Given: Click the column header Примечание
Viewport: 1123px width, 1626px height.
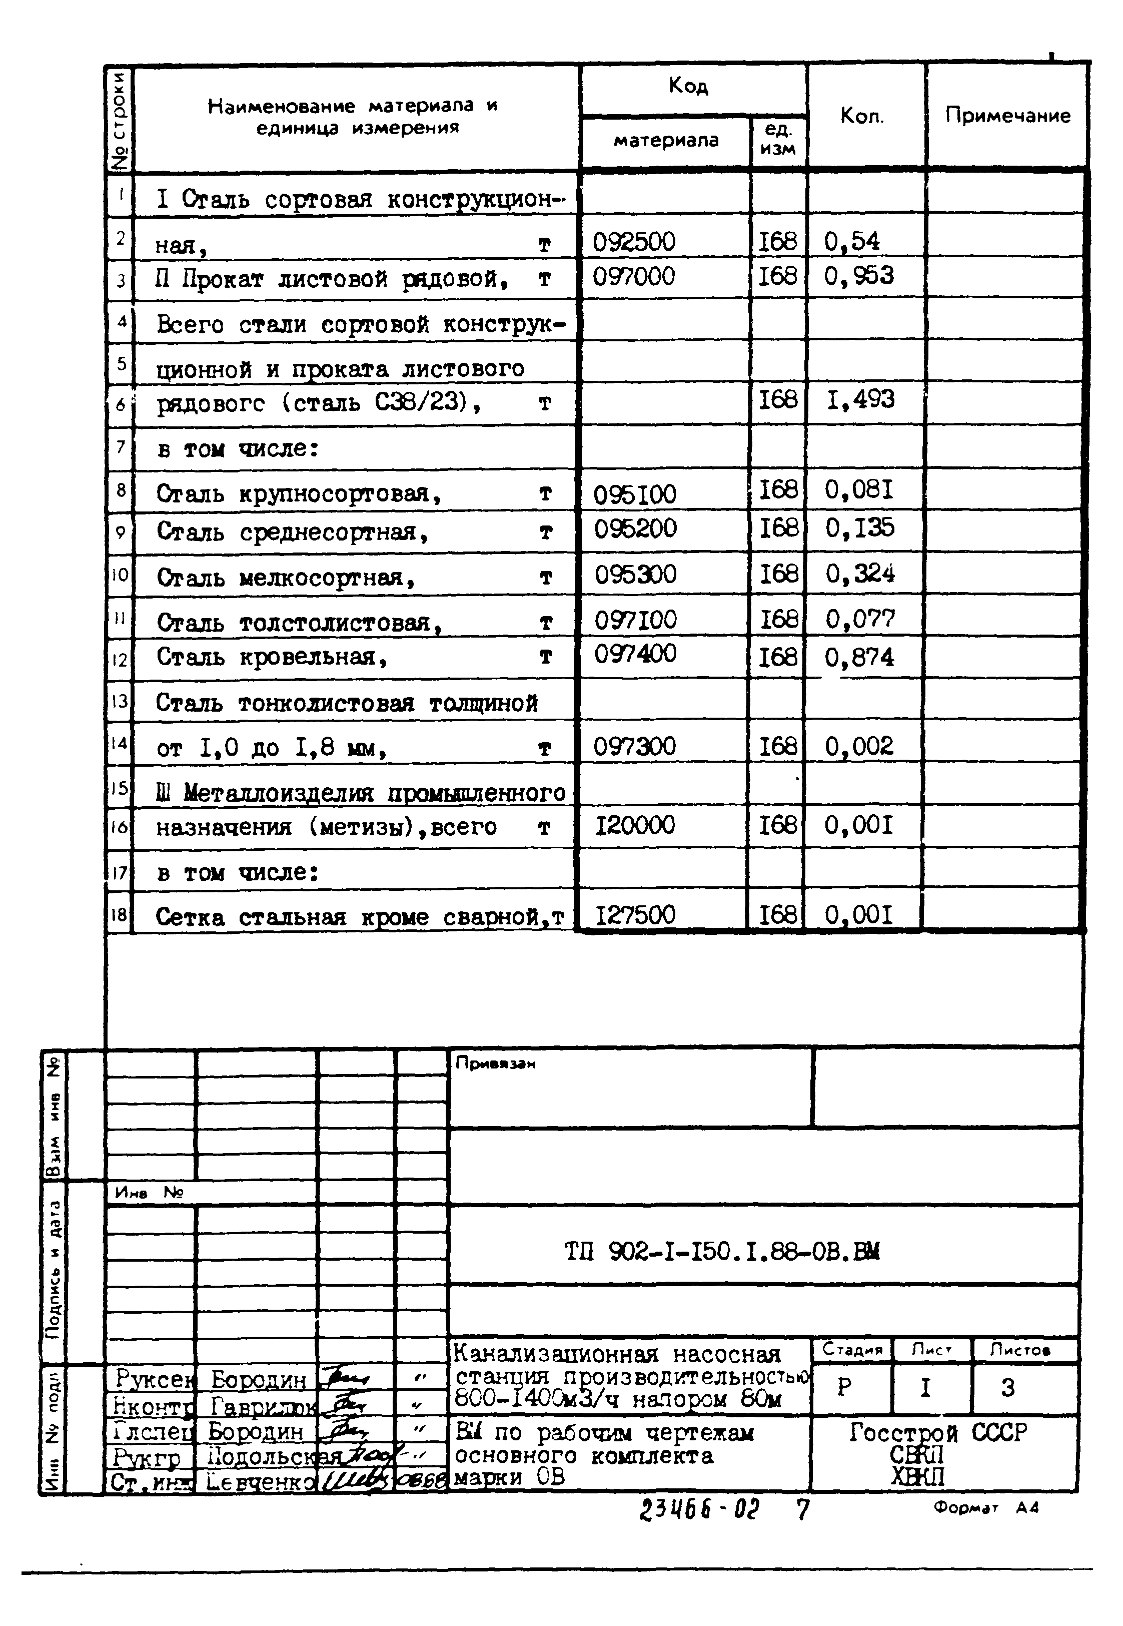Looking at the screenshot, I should click(x=1007, y=116).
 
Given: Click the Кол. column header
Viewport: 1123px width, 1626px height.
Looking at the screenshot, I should click(x=862, y=116).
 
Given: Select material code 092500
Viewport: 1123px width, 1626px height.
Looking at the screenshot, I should click(x=634, y=242).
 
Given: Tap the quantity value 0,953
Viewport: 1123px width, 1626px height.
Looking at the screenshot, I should click(x=859, y=276).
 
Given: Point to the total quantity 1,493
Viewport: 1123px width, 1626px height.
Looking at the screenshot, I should click(x=860, y=400).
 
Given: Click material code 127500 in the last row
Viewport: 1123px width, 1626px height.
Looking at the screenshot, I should click(x=635, y=915).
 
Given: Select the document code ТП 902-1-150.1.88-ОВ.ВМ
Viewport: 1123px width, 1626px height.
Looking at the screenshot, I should click(x=723, y=1251).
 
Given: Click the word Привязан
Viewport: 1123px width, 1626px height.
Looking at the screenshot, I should click(x=495, y=1063).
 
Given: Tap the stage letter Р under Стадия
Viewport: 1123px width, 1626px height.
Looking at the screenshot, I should click(x=844, y=1387).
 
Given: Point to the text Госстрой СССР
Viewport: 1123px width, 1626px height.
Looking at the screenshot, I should click(x=938, y=1432).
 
